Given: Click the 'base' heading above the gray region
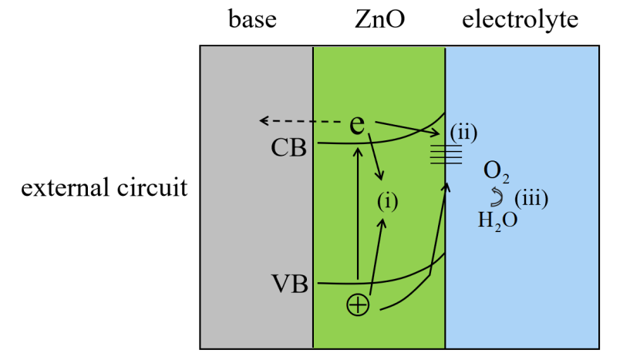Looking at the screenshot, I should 252,20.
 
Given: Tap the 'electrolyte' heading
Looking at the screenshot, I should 520,20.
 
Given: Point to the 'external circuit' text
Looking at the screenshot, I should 105,187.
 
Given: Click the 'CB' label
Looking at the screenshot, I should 289,147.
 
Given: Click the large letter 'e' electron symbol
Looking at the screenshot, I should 357,124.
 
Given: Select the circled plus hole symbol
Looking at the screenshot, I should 359,306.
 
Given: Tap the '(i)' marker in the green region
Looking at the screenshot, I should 387,202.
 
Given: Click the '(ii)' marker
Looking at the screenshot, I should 464,132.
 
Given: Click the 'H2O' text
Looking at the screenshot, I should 497,220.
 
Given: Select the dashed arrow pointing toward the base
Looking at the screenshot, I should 301,121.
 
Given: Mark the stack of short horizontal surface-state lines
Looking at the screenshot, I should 446,154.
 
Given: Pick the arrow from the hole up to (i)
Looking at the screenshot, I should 377,254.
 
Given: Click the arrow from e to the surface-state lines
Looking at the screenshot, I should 404,127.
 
